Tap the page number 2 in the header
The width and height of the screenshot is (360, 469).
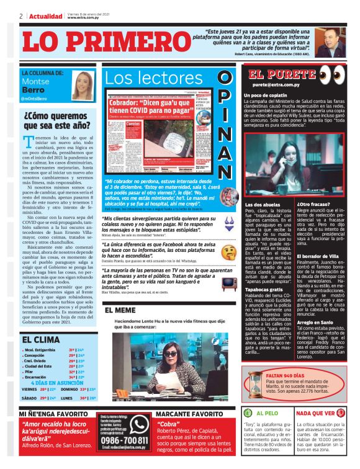click(21, 16)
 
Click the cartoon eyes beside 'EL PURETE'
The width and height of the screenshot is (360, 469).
click(330, 74)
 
